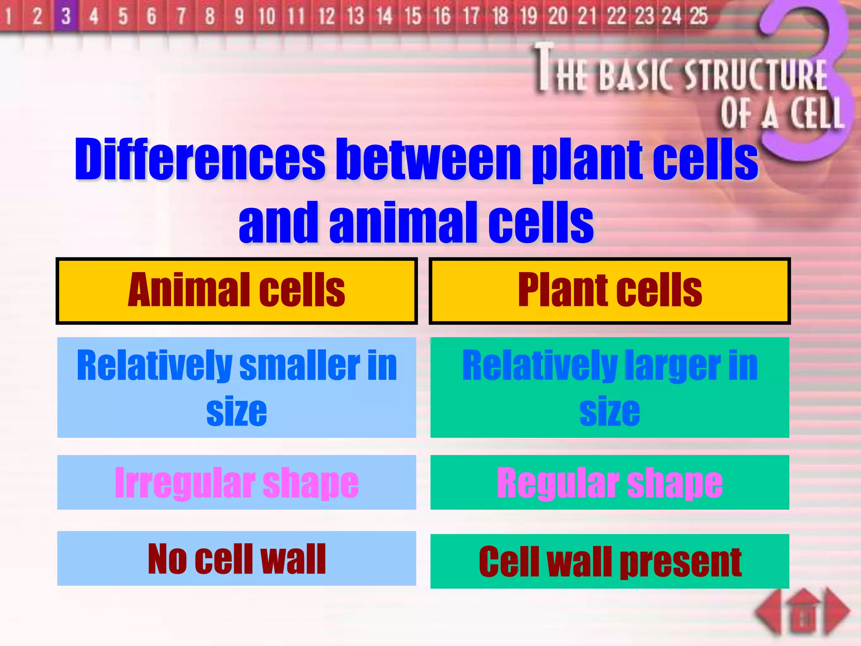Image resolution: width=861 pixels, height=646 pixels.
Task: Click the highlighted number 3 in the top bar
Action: [x=66, y=16]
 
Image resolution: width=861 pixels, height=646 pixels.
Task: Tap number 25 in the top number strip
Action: [x=699, y=16]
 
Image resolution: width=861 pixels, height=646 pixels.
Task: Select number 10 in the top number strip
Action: [x=267, y=16]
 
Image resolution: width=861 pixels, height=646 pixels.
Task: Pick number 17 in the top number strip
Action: [x=471, y=16]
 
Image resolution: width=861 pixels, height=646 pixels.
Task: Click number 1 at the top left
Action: [x=8, y=16]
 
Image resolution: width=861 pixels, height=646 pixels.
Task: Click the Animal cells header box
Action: [x=237, y=291]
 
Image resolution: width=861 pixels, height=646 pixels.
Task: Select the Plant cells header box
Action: [x=610, y=291]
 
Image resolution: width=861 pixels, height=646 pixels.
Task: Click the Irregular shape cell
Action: [x=237, y=483]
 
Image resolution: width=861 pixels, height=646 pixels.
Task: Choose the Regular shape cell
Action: [x=610, y=483]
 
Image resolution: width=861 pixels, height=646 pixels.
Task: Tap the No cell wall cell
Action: [x=237, y=559]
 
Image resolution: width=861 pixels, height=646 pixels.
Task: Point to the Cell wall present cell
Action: [x=610, y=562]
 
